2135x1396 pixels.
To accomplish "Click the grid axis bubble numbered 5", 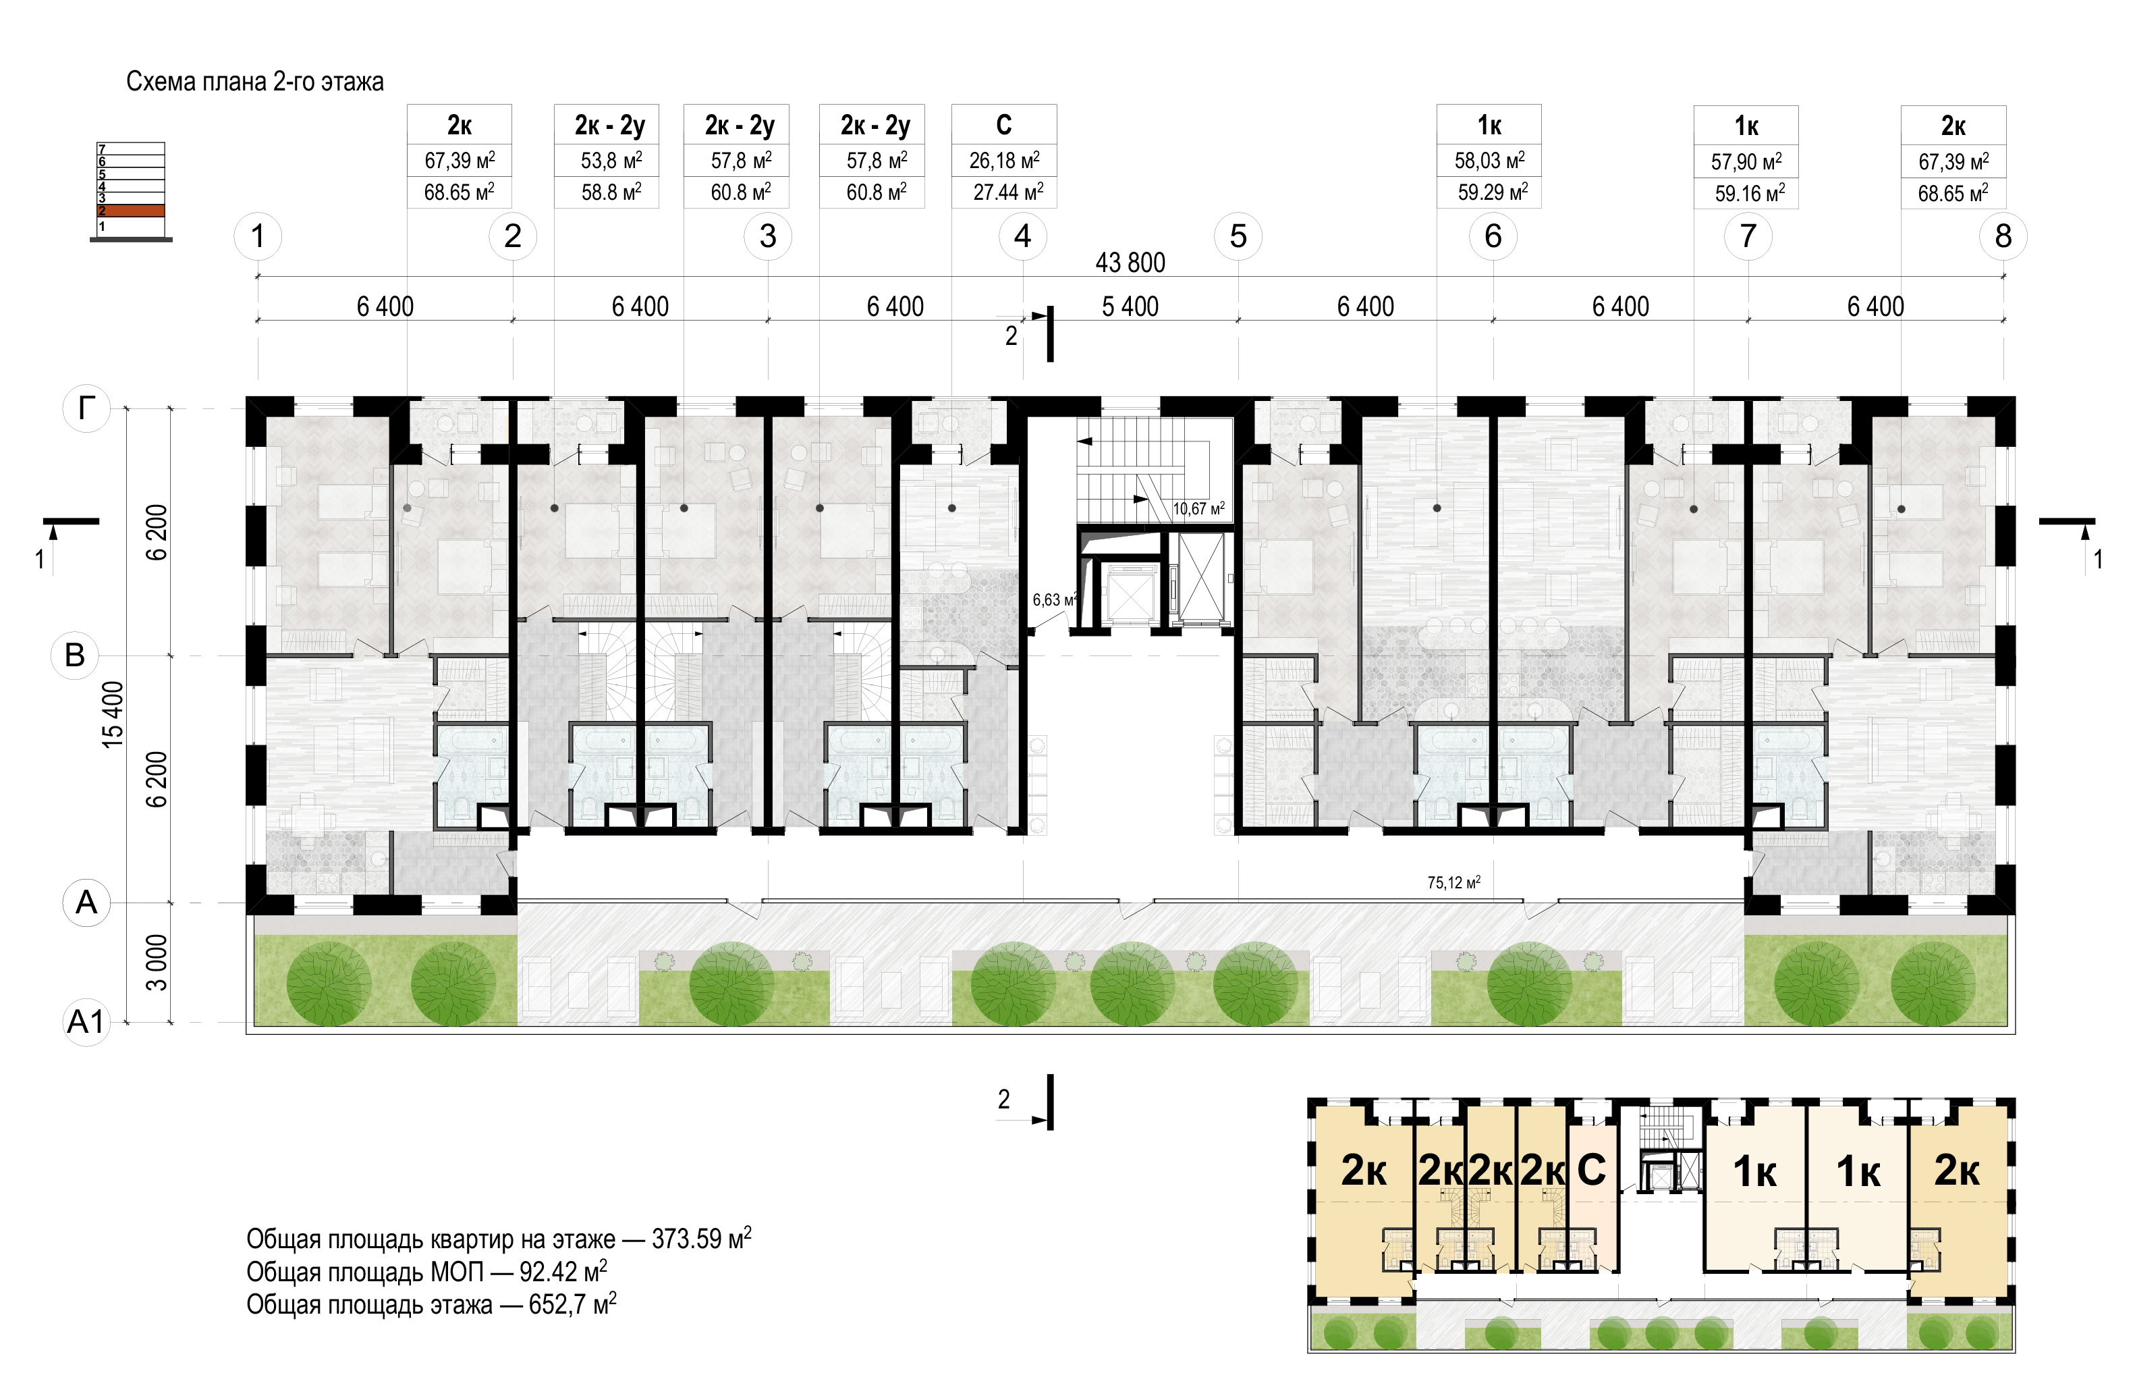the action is coord(1238,236).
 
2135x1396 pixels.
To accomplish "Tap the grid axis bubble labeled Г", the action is coord(86,408).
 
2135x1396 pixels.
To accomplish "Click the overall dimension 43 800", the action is coord(1130,263).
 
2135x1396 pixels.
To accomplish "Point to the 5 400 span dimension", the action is coord(1130,307).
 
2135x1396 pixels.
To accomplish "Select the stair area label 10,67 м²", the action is coord(1198,509).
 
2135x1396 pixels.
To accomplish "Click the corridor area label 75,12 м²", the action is coord(1454,883).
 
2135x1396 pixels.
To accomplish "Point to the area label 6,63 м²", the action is coord(1055,599).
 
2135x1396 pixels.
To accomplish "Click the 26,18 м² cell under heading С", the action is coord(1005,161).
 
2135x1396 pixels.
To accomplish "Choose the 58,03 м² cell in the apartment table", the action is coord(1489,161).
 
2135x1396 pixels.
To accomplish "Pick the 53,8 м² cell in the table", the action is coord(611,161).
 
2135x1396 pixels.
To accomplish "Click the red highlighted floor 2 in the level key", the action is coord(131,211).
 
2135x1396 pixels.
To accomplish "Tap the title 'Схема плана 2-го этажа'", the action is coord(255,82).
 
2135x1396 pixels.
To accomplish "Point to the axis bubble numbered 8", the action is coord(2003,236).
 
